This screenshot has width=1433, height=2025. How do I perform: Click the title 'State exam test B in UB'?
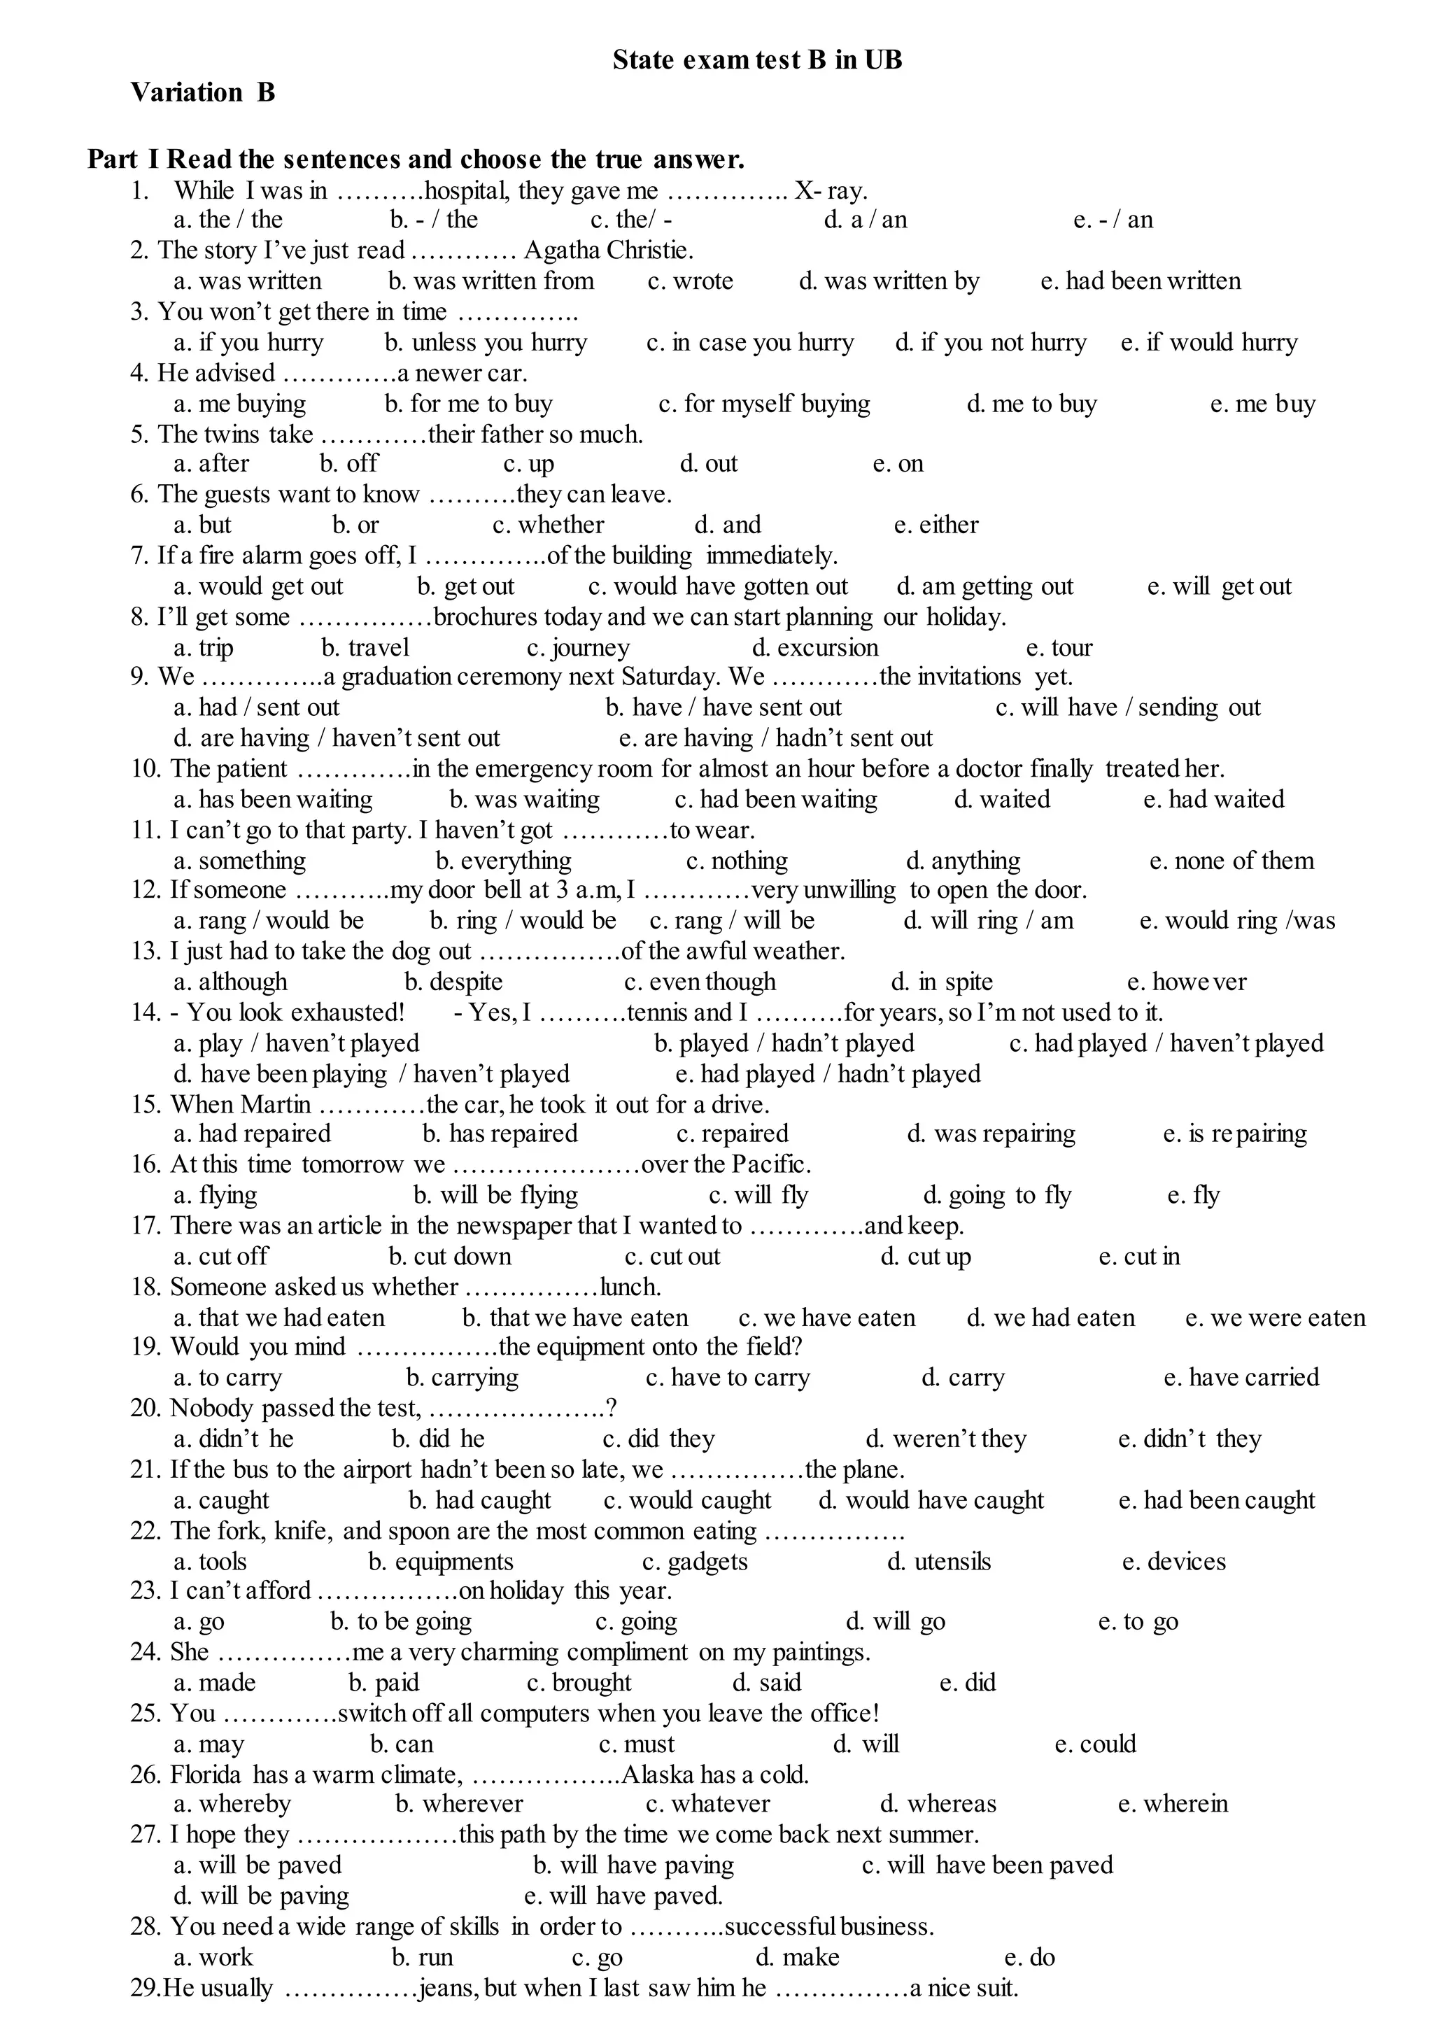click(757, 60)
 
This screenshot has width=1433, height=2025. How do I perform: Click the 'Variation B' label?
click(203, 92)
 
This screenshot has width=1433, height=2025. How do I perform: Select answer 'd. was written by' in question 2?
click(889, 281)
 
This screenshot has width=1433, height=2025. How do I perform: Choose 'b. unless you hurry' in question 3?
click(486, 342)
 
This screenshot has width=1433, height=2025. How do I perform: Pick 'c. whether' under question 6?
click(548, 525)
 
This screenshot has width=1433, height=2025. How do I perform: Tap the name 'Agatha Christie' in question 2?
click(608, 251)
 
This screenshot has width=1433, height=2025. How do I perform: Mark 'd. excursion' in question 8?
click(814, 648)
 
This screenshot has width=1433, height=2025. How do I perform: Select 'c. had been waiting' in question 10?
click(775, 799)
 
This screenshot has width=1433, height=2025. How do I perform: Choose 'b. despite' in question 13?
click(453, 982)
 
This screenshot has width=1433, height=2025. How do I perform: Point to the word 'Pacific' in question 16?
click(770, 1165)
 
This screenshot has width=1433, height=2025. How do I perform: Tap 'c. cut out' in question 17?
click(672, 1257)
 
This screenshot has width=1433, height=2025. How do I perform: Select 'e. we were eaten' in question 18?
click(1275, 1318)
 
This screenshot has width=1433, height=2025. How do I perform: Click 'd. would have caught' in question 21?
click(931, 1501)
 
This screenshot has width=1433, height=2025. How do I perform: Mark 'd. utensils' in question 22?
click(939, 1562)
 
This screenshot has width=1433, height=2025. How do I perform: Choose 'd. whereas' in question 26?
click(938, 1805)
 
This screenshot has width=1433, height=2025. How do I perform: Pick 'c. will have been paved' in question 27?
click(987, 1865)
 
